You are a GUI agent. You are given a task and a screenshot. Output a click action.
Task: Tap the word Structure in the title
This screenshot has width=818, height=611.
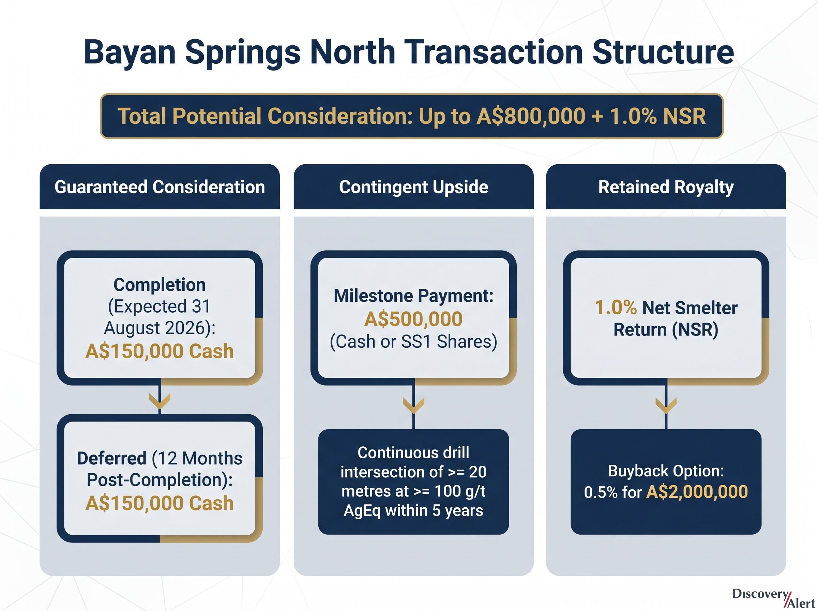click(x=663, y=52)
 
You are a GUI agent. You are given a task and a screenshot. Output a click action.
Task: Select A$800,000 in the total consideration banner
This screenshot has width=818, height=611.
click(x=531, y=116)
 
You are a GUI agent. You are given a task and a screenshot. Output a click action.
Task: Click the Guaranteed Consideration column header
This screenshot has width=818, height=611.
click(x=160, y=187)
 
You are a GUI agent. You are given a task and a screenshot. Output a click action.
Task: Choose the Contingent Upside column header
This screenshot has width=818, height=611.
click(x=414, y=187)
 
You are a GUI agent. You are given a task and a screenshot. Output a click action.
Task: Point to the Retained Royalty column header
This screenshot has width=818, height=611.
click(x=666, y=187)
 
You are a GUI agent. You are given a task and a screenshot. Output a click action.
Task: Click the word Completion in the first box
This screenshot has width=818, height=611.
click(x=160, y=285)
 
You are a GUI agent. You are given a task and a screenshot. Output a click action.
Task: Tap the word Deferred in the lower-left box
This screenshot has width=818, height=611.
click(x=112, y=458)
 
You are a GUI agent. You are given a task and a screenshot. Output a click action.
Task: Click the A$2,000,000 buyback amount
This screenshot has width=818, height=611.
click(x=697, y=492)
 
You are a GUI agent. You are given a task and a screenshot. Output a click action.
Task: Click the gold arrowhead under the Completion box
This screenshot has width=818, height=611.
click(x=160, y=401)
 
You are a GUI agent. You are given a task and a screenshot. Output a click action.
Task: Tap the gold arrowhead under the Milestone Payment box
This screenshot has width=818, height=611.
click(x=414, y=405)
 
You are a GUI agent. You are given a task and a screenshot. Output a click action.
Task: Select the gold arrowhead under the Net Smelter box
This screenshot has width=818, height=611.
click(x=666, y=405)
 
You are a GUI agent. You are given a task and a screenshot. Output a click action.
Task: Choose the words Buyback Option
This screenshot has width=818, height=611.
click(x=666, y=471)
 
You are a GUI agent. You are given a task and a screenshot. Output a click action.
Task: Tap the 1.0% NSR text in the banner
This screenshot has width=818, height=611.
click(x=657, y=116)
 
